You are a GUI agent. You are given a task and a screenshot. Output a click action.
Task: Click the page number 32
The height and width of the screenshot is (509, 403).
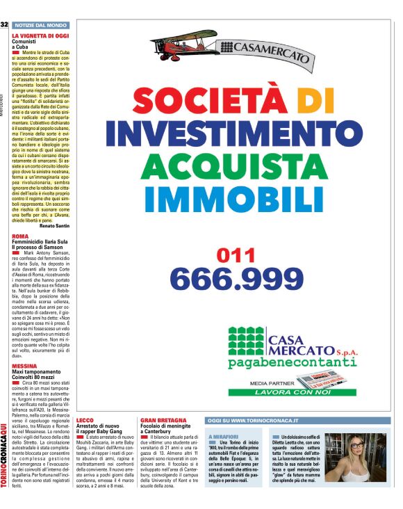4,25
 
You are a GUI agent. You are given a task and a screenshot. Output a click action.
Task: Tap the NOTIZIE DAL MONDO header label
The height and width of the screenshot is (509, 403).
39,25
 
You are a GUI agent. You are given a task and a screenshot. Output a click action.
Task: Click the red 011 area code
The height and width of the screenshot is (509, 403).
236,256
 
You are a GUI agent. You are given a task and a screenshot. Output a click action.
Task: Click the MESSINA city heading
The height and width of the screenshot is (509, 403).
24,364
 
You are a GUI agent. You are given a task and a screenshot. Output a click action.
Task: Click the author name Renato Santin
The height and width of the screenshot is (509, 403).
55,226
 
